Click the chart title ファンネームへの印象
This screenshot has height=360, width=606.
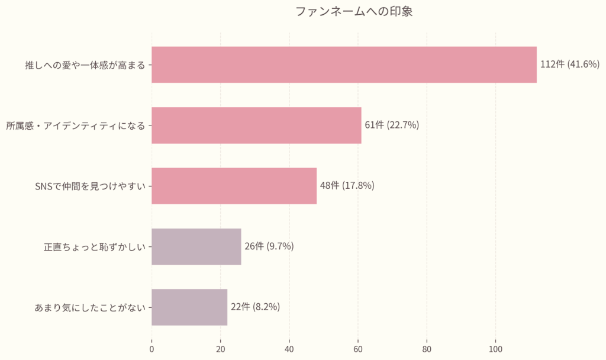tap(353, 12)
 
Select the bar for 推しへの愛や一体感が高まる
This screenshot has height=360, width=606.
tap(344, 65)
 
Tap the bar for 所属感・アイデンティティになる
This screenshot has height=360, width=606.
tap(256, 125)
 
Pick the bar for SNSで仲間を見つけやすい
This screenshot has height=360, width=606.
tap(234, 186)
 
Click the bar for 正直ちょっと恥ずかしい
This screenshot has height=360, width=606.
tap(196, 246)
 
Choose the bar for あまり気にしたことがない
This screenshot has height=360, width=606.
tap(189, 307)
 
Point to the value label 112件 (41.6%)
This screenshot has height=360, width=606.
tap(570, 65)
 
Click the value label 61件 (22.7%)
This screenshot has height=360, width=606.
tap(392, 125)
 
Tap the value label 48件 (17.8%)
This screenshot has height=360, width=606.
tap(347, 186)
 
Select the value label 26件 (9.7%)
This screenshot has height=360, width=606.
tap(269, 246)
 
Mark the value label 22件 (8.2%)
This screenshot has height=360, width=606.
tap(255, 307)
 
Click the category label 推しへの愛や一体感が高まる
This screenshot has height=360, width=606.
tap(85, 65)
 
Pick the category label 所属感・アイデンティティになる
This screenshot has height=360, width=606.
tap(75, 126)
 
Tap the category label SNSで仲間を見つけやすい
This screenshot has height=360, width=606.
tap(90, 186)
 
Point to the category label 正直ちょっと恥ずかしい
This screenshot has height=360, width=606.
tap(94, 247)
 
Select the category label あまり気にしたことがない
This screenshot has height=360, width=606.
tap(89, 307)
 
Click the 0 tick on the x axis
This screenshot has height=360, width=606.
tap(151, 349)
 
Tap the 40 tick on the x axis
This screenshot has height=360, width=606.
tap(289, 349)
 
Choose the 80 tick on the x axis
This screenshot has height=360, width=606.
tap(427, 349)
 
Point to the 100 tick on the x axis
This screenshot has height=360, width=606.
tap(496, 349)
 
